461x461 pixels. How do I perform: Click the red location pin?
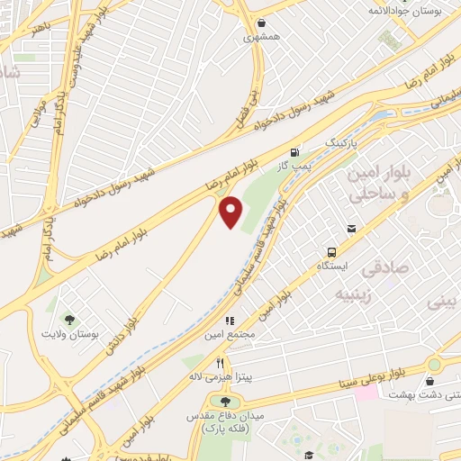pos(231,212)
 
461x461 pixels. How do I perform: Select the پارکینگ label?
pos(340,142)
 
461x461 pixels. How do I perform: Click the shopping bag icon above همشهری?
pos(261,23)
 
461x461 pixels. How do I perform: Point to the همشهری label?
pos(261,40)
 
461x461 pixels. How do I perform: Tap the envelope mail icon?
pos(351,230)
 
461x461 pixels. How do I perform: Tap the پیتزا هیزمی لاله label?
pos(219,376)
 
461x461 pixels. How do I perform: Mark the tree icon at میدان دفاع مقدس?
pos(224,401)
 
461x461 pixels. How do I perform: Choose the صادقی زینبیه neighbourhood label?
pos(385,280)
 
